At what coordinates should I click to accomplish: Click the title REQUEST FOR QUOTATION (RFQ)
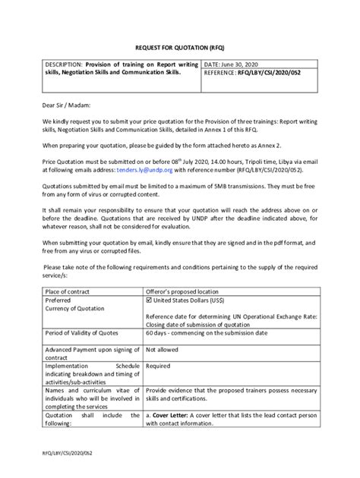coord(180,46)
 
